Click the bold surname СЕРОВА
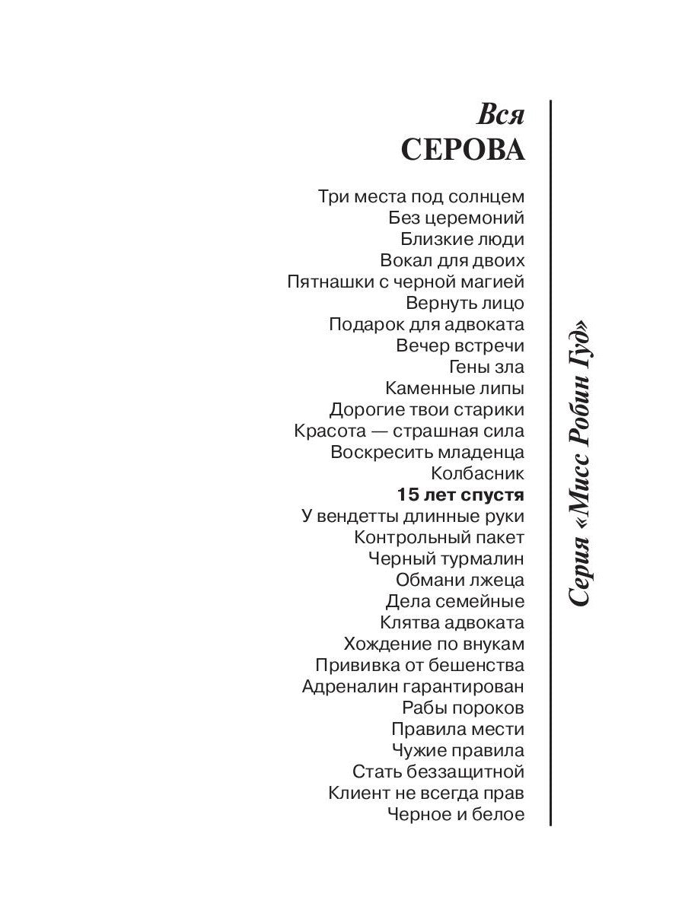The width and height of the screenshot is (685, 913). point(462,149)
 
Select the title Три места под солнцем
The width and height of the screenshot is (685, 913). point(421,196)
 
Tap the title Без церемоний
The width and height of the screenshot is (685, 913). point(456,218)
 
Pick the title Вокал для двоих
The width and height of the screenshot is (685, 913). point(452,260)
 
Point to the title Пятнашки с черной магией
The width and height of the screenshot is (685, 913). point(406,282)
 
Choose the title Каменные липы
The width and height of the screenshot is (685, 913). point(454,388)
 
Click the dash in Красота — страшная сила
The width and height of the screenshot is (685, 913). point(369,431)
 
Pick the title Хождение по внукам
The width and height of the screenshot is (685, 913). point(434,644)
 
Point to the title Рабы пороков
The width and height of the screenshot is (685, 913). point(463,708)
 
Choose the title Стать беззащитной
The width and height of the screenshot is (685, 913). point(438,772)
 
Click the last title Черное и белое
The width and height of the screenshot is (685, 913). point(456,815)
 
